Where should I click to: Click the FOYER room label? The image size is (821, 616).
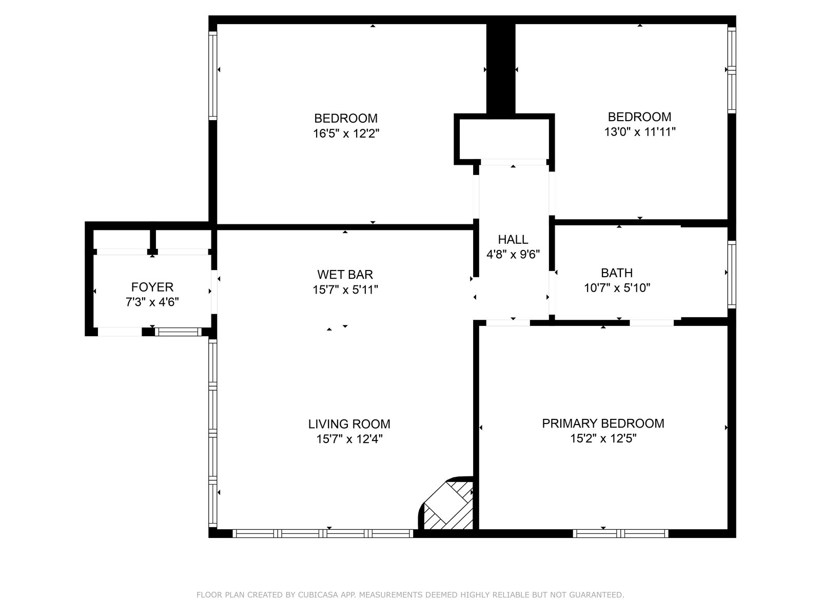point(152,287)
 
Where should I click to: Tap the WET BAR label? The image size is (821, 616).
point(345,275)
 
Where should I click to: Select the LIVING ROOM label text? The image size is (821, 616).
point(349,424)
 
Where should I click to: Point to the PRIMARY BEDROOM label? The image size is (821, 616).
point(603,423)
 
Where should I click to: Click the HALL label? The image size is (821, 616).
point(513,239)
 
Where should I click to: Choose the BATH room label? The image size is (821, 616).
point(617,273)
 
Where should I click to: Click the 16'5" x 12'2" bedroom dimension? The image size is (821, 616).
point(346,133)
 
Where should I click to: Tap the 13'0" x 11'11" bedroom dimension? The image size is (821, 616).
point(639,131)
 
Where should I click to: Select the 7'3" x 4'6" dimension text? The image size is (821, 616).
point(152,302)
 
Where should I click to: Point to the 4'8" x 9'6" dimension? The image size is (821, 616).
point(513,254)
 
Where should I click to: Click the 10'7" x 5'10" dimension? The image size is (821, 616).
point(617,287)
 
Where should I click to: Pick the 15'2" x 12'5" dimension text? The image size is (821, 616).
point(603,438)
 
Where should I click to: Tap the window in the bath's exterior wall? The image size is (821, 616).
point(732,275)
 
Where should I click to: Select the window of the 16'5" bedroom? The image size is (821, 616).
point(212,75)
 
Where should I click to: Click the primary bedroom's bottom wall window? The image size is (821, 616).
point(620,533)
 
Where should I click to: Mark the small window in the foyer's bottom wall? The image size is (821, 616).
point(178,332)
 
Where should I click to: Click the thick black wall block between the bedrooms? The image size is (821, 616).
point(501,69)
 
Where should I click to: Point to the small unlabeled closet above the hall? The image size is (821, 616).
point(504,139)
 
